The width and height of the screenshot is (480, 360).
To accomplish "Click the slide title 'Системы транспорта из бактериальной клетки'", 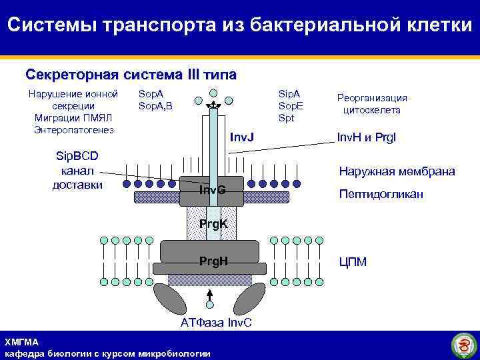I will point(240,25).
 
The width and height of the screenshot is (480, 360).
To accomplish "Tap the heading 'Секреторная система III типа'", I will point(131,74).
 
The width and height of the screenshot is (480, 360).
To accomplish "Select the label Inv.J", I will point(242,137).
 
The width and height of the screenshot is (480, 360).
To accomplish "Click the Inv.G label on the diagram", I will point(213,191).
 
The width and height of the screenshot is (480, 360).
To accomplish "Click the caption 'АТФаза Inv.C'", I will point(217,323).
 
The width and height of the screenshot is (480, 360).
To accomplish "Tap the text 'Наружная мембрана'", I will point(397,171).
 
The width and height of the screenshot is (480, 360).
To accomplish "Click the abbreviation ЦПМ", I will point(353,262).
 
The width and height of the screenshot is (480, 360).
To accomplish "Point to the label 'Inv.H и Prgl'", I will point(366,137).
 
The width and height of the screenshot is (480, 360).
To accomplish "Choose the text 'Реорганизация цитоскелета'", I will point(372,103).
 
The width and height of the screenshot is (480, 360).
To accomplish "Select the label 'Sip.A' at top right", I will point(289,94).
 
